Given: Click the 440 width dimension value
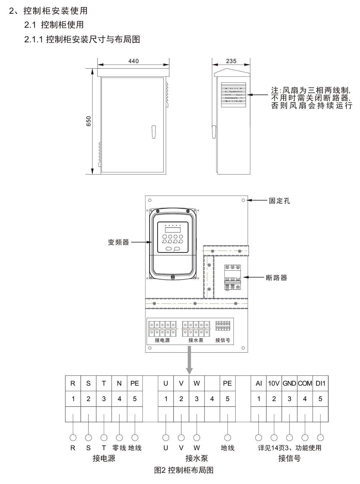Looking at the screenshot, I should coord(133,61).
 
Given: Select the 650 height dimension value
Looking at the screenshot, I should coord(88,121).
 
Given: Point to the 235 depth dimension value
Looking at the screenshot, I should coord(231,61).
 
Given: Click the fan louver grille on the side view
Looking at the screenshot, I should coord(233,95).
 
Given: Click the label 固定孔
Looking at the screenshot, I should coord(279,201).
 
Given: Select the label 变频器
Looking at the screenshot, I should coord(118,242).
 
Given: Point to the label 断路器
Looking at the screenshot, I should coord(276,278).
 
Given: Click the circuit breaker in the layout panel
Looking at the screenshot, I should coord(232,277).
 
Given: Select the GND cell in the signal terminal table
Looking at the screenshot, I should coord(289,383).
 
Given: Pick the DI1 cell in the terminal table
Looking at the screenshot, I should coord(320,383).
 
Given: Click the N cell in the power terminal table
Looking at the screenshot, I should coord(119,383).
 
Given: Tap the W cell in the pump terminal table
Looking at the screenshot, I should coord(196,383).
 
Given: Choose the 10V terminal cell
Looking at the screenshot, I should coord(274,383).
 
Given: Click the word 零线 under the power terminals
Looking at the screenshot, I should coord(119,448).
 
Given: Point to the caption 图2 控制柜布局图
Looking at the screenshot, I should coord(184,470).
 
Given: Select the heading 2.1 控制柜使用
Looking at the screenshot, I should coord(54,25).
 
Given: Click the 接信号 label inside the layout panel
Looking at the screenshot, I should coord(223,340).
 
